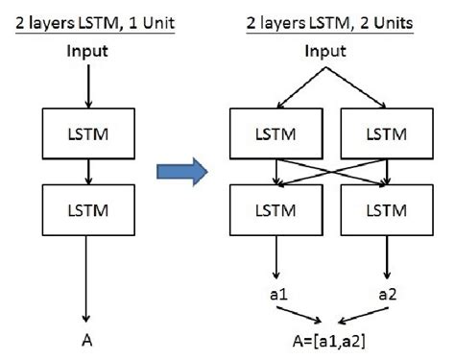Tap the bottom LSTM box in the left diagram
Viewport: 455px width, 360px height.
click(86, 208)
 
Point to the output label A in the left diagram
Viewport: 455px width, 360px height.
click(87, 337)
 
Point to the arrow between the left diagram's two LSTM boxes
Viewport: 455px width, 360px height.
click(86, 172)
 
